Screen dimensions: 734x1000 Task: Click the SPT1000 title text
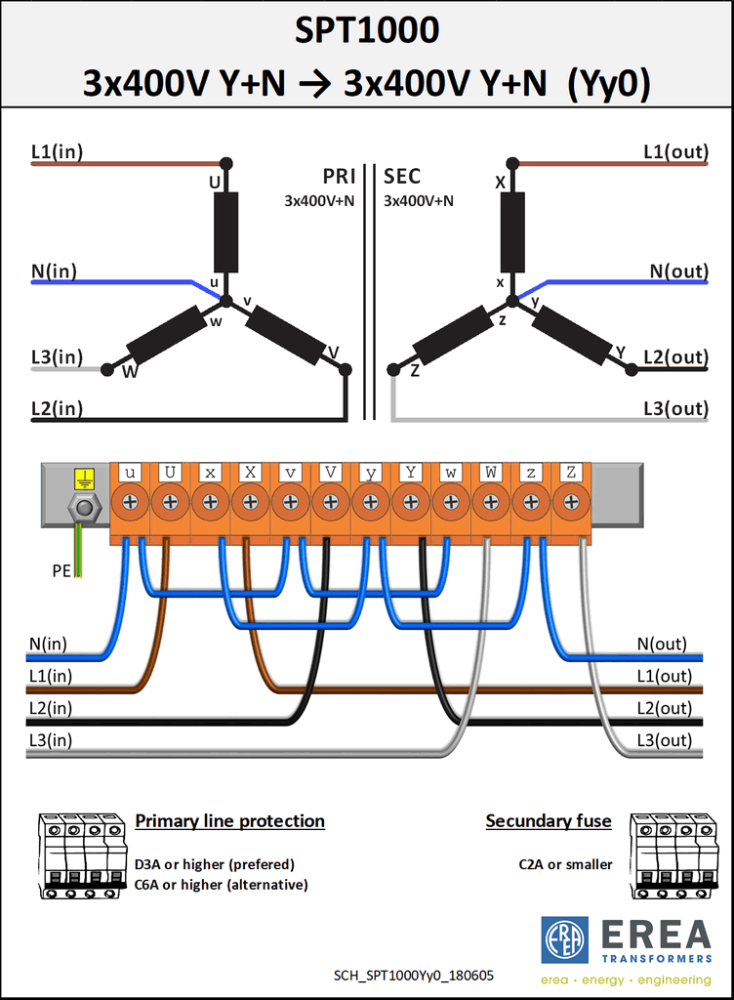pos(367,30)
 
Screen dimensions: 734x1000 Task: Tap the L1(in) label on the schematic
pos(57,151)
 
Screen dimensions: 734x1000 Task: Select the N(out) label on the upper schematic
pos(678,271)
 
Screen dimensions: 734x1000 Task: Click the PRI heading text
pos(339,176)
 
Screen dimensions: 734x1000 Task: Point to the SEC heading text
pos(402,176)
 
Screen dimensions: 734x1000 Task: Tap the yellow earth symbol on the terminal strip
pos(84,479)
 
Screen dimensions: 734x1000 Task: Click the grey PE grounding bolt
pos(84,508)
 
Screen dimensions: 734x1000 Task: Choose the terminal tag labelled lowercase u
pos(130,473)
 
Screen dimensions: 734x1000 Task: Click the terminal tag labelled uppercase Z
pos(571,473)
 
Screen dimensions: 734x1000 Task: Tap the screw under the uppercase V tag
pos(330,503)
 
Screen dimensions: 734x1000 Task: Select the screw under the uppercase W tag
pos(491,503)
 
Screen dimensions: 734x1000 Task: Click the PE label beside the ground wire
pos(61,570)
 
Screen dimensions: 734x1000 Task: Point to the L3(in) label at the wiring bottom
pos(51,740)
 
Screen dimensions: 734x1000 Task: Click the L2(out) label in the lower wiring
pos(664,709)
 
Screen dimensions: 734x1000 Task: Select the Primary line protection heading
pos(230,820)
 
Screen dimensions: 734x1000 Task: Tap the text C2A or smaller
pos(565,865)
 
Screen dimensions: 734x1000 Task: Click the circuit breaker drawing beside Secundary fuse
pos(673,855)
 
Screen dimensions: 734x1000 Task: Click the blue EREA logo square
pos(564,939)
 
